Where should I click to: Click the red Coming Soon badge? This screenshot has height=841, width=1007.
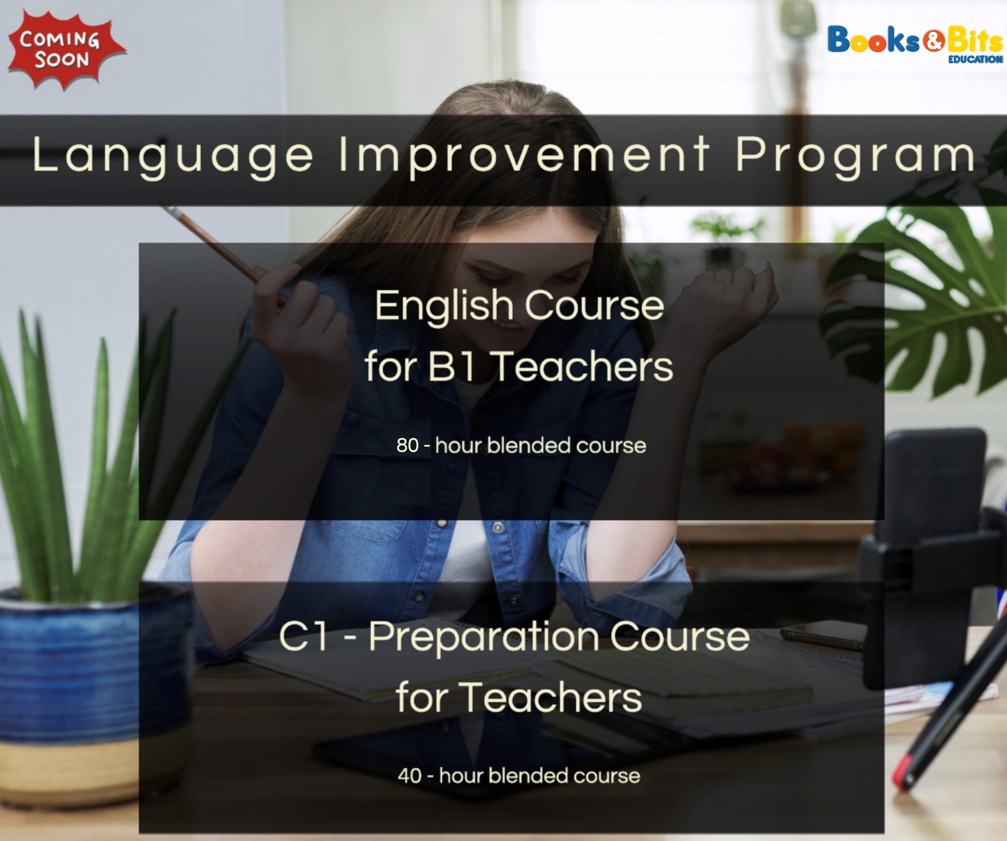pos(66,50)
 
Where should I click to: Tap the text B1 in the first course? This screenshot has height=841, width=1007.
pos(451,366)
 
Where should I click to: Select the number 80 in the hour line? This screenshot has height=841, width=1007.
pos(408,445)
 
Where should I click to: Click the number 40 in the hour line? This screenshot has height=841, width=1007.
pos(410,776)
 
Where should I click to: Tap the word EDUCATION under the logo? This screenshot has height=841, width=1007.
pos(976,60)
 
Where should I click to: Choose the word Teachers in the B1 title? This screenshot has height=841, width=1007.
pos(582,366)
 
